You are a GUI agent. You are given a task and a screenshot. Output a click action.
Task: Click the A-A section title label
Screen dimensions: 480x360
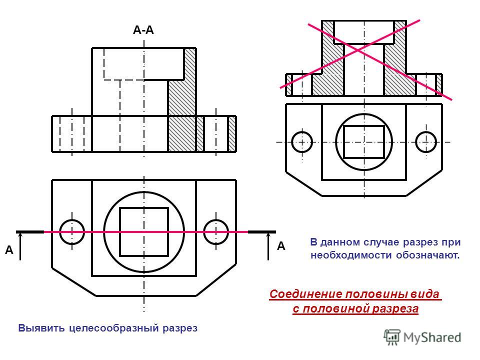(143, 30)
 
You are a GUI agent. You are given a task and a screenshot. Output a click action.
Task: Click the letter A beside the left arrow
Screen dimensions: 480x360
(9, 250)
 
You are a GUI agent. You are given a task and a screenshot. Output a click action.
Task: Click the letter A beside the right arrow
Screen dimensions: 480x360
(281, 246)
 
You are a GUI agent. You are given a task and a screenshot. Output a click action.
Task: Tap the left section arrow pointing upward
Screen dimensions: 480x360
(20, 246)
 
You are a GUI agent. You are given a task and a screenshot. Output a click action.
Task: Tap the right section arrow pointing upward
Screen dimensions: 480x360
(268, 246)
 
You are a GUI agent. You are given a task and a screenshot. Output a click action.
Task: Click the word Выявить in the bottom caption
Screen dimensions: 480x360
(41, 328)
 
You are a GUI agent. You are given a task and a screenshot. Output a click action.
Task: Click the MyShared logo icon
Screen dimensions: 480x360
(392, 337)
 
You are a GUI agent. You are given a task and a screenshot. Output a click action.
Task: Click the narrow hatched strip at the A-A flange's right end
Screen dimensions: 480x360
(232, 134)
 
